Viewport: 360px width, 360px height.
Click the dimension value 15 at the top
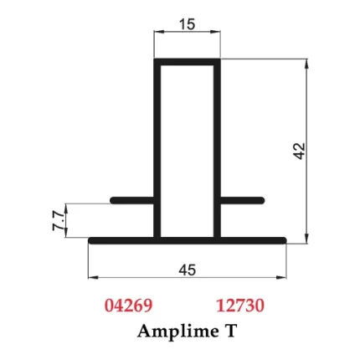pyautogui.click(x=187, y=24)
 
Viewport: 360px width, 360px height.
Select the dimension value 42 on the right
pyautogui.click(x=300, y=152)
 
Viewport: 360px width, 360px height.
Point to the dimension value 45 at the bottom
pyautogui.click(x=188, y=269)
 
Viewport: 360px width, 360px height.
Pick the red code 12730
pyautogui.click(x=240, y=306)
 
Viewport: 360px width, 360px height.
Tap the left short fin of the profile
pyautogui.click(x=132, y=201)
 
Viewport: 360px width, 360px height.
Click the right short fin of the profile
pyautogui.click(x=243, y=201)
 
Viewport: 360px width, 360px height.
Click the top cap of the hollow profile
pyautogui.click(x=187, y=61)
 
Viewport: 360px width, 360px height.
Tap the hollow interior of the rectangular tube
pyautogui.click(x=187, y=151)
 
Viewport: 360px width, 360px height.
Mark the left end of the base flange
pyautogui.click(x=92, y=241)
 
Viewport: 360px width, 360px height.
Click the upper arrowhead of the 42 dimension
pyautogui.click(x=308, y=64)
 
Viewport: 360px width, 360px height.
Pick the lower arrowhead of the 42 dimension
pyautogui.click(x=308, y=235)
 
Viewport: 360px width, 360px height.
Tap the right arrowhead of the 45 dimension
pyautogui.click(x=284, y=277)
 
